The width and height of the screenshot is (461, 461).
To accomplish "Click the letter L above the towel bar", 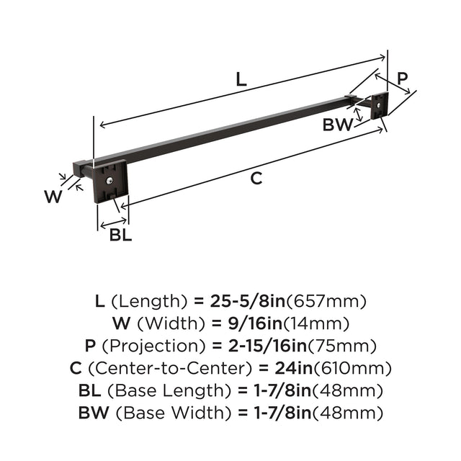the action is pyautogui.click(x=241, y=80).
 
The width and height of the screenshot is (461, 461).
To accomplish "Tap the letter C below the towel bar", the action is pyautogui.click(x=256, y=178).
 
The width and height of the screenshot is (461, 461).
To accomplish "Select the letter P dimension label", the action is pyautogui.click(x=403, y=79).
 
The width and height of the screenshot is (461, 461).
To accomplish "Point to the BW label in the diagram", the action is pyautogui.click(x=338, y=125).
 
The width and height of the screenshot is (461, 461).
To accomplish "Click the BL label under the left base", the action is pyautogui.click(x=120, y=235).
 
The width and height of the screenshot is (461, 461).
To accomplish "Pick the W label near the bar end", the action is pyautogui.click(x=53, y=197).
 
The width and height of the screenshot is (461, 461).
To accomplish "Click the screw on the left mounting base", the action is pyautogui.click(x=109, y=181).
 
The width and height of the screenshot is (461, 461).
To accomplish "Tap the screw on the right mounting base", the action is pyautogui.click(x=380, y=104).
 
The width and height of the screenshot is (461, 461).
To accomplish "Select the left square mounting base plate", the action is pyautogui.click(x=110, y=182).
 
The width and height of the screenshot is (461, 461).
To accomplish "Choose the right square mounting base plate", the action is pyautogui.click(x=380, y=106).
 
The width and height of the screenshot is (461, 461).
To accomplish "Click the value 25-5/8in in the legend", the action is pyautogui.click(x=248, y=301).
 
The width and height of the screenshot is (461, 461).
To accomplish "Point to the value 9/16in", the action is pyautogui.click(x=255, y=323).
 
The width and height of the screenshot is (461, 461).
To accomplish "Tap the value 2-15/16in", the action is pyautogui.click(x=267, y=346).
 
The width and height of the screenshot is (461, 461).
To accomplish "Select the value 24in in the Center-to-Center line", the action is pyautogui.click(x=294, y=368).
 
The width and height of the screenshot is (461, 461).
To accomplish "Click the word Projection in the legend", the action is pyautogui.click(x=153, y=346).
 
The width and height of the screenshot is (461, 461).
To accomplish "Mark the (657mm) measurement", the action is pyautogui.click(x=326, y=301).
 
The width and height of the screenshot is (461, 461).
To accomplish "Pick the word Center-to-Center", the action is pyautogui.click(x=171, y=368).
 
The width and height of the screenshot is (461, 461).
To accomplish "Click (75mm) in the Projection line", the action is pyautogui.click(x=342, y=346).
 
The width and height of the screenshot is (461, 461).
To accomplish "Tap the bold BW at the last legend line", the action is pyautogui.click(x=94, y=413).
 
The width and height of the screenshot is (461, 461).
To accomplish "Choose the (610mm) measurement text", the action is pyautogui.click(x=352, y=368).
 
